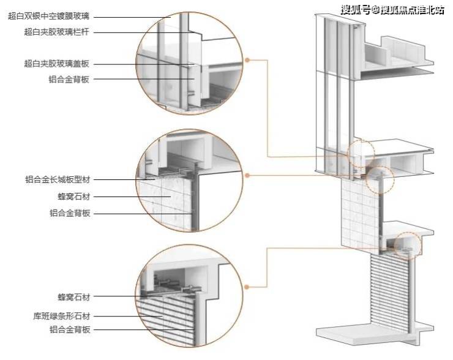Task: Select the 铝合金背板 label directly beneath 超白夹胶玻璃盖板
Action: click(70, 79)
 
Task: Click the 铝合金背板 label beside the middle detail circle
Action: click(70, 214)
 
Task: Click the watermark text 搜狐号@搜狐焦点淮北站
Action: click(386, 9)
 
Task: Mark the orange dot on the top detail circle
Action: click(247, 60)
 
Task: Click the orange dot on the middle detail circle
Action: click(247, 175)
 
